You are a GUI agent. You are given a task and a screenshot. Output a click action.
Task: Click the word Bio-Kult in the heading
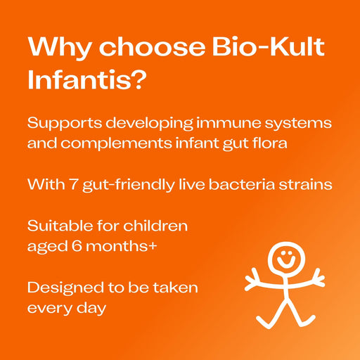click(272, 47)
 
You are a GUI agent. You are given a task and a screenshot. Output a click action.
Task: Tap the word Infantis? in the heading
click(87, 79)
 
